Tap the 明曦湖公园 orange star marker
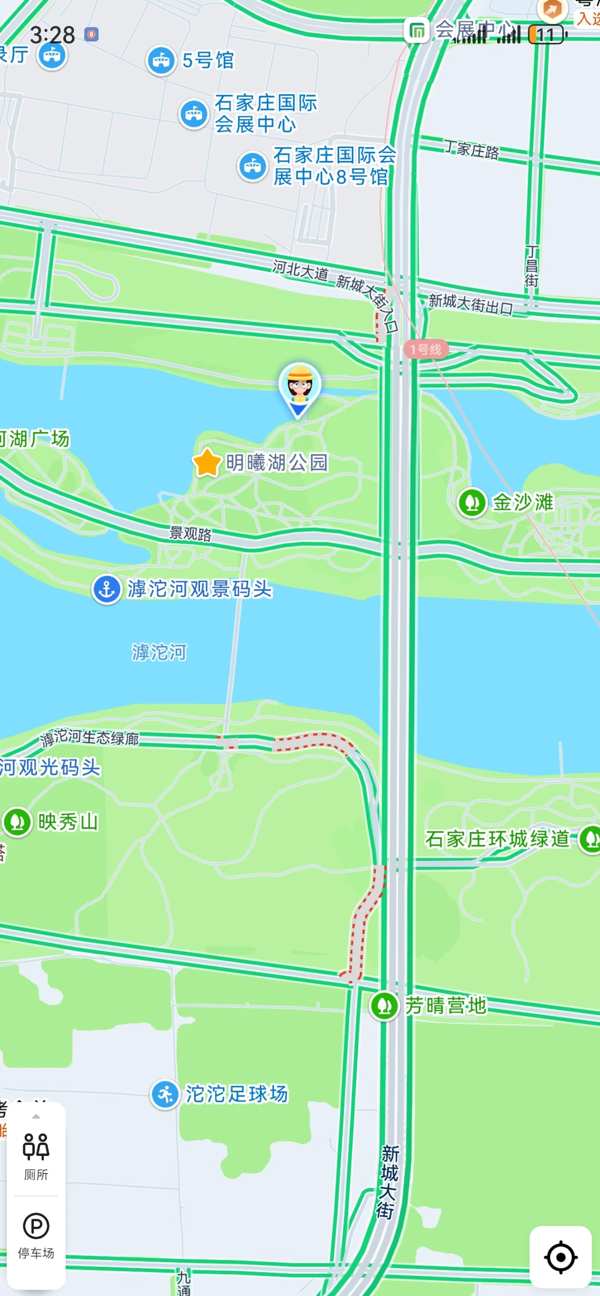[207, 462]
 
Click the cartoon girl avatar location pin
[299, 387]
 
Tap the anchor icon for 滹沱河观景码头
[107, 589]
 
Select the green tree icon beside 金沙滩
[472, 502]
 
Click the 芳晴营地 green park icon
[384, 1005]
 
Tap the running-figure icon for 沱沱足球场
[165, 1094]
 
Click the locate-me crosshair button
[560, 1257]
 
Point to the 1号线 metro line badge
[426, 349]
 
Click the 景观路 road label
[191, 534]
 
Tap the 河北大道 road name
[300, 270]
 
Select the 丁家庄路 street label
[471, 149]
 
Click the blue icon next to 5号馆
[161, 61]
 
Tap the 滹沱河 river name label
[159, 652]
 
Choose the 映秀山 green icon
[17, 822]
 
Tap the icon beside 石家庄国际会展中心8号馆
[253, 166]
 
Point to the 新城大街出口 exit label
[470, 304]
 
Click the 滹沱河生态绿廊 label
[90, 738]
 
